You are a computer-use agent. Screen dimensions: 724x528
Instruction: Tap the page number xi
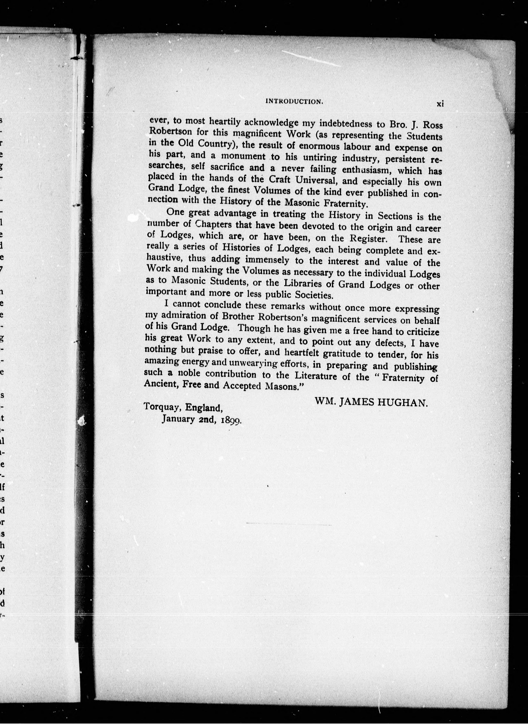[x=440, y=103]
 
